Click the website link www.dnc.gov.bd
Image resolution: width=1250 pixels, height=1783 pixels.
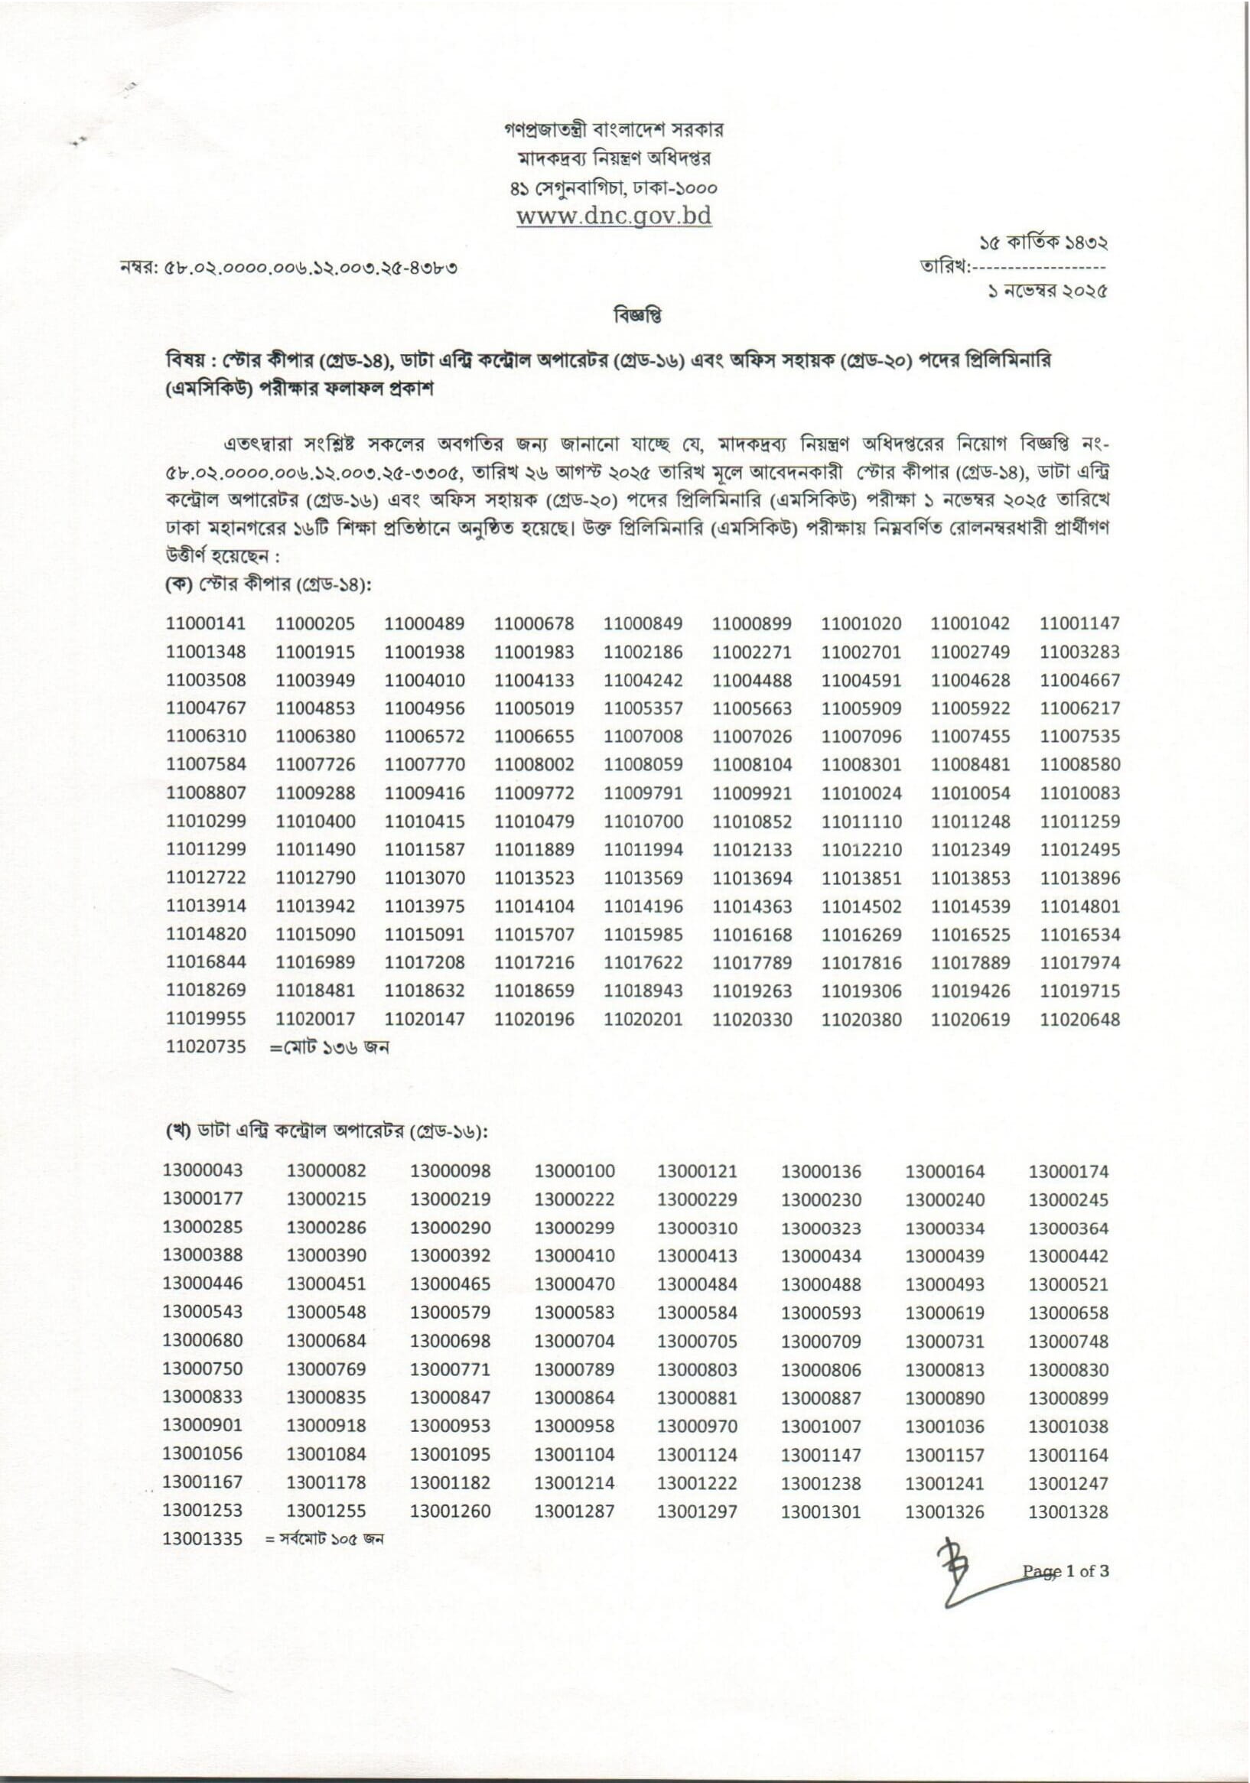coord(614,216)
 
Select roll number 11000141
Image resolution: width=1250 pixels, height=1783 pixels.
coord(206,623)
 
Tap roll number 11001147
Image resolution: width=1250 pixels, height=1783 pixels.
coord(1079,623)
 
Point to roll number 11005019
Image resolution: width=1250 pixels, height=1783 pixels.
coord(534,708)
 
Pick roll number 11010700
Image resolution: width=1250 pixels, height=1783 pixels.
coord(643,822)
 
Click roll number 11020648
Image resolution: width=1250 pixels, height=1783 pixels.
coord(1079,1020)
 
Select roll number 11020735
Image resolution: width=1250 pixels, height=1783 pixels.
coord(206,1047)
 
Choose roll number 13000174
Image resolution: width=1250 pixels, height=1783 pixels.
coord(1068,1171)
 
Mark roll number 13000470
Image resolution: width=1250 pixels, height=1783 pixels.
coord(574,1284)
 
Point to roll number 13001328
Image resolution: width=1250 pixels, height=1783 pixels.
coord(1068,1512)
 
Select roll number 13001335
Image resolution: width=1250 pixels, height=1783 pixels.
coord(203,1538)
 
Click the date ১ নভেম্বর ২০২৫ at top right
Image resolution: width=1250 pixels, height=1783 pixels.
coord(1047,292)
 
